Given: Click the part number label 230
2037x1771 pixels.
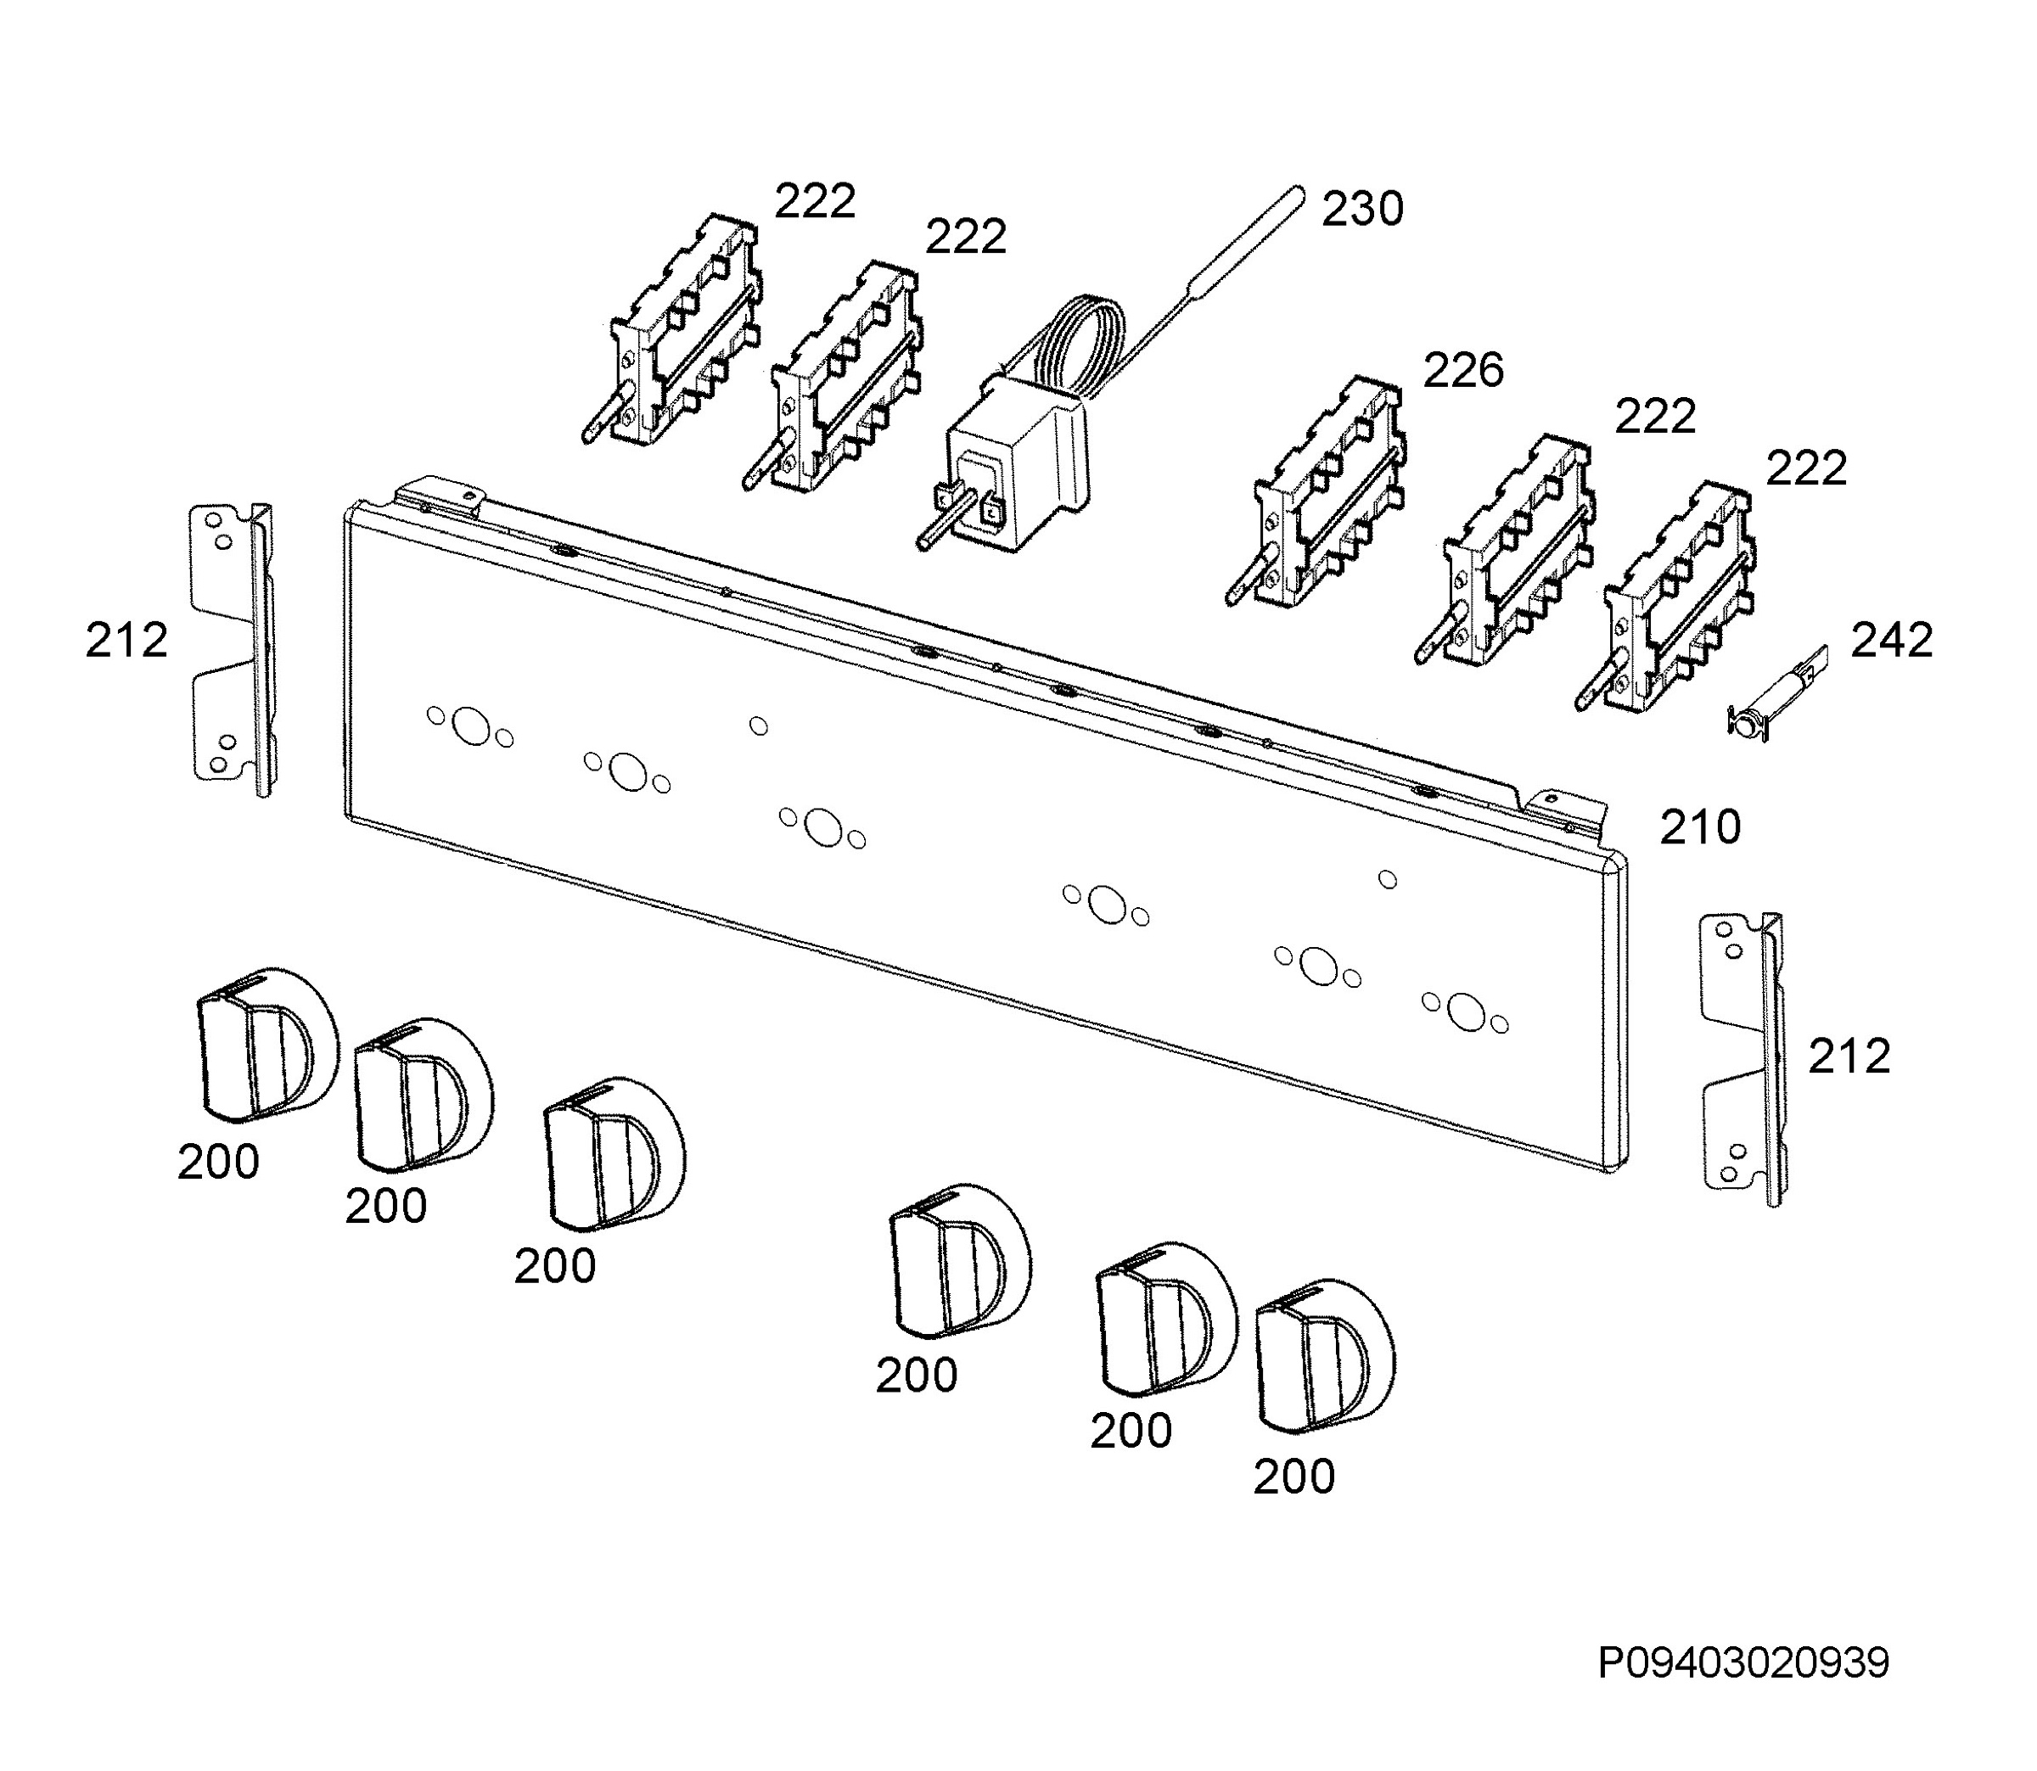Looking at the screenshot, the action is [1362, 210].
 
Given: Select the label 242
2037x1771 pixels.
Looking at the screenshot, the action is [1892, 641].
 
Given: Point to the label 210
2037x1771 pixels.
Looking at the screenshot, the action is [1700, 827].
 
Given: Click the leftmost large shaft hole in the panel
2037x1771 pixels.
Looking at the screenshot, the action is [470, 726].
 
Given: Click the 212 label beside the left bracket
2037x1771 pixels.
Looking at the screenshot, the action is [126, 641].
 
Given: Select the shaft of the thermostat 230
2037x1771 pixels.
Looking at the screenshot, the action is [939, 524].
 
